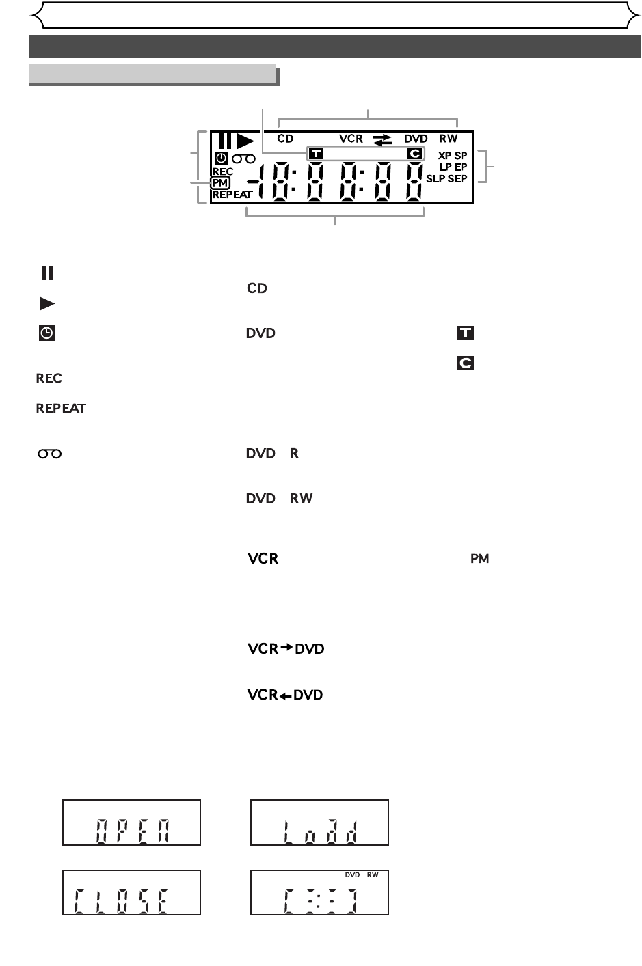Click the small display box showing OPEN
[131, 823]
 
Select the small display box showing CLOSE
[131, 893]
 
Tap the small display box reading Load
[319, 823]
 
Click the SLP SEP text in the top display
[446, 178]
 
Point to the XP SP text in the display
[453, 156]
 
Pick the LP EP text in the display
[453, 167]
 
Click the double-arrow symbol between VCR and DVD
[383, 139]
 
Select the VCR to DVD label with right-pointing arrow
[286, 648]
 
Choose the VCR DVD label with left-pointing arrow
[285, 695]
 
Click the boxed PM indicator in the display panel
[220, 183]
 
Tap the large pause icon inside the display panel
[225, 141]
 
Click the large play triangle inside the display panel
[245, 141]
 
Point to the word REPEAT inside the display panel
[232, 195]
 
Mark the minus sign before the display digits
[254, 182]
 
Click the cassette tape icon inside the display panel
[244, 158]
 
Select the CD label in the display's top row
[285, 139]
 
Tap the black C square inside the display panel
[414, 154]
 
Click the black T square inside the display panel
[316, 154]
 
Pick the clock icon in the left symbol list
[46, 333]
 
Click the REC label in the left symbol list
[49, 378]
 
